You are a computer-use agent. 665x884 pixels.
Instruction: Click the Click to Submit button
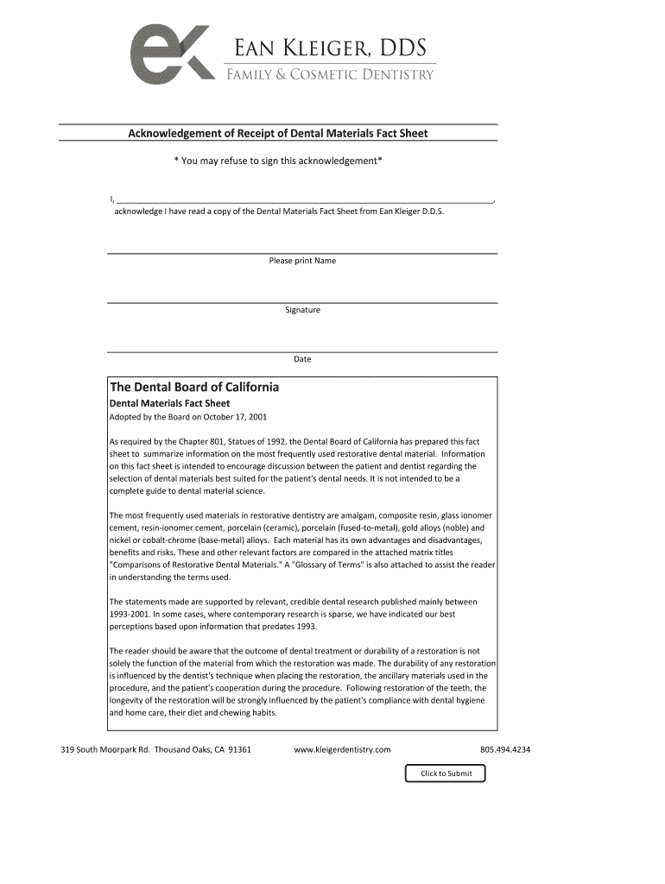(x=446, y=773)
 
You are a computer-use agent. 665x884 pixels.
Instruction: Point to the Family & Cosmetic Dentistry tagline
(x=330, y=75)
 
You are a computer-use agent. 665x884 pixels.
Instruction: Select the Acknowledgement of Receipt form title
(x=278, y=133)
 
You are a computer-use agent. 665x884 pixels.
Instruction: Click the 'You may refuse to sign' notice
(x=278, y=161)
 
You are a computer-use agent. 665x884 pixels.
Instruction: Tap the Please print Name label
(x=302, y=261)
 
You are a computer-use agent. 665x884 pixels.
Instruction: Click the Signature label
(x=302, y=310)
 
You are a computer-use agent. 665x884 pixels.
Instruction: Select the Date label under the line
(x=302, y=359)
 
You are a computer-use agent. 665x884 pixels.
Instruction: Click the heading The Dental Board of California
(x=193, y=387)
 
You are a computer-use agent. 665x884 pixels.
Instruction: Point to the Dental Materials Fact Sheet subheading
(x=169, y=403)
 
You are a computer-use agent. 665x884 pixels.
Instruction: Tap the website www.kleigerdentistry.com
(x=342, y=749)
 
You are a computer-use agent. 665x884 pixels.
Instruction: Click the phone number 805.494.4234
(x=505, y=749)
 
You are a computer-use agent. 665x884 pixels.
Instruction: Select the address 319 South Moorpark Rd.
(x=104, y=749)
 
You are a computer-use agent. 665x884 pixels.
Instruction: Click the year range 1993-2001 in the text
(x=131, y=614)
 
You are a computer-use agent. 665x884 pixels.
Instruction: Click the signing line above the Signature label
(x=302, y=302)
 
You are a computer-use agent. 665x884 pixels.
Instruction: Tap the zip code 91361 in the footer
(x=239, y=749)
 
